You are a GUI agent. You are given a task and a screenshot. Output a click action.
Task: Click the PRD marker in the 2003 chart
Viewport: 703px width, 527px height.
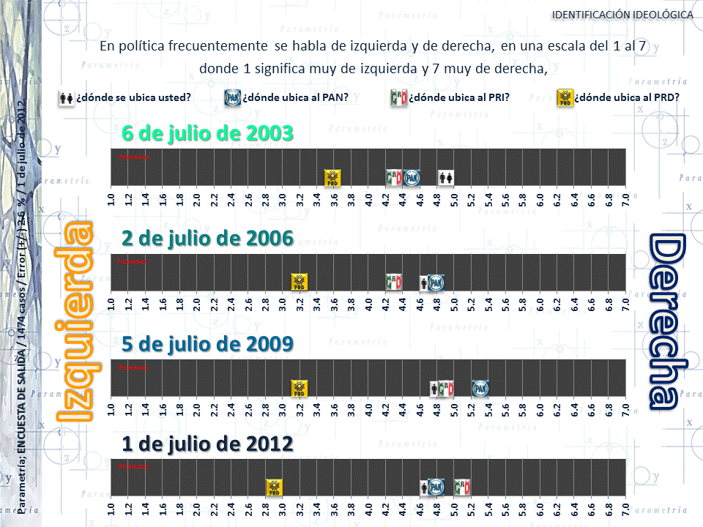click(x=333, y=177)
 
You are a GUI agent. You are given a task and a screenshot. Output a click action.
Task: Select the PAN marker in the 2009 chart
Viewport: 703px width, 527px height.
click(x=480, y=389)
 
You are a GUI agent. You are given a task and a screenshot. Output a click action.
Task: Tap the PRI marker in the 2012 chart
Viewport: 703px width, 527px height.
click(x=462, y=487)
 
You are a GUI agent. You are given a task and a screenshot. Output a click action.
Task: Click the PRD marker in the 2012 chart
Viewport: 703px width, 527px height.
click(x=274, y=487)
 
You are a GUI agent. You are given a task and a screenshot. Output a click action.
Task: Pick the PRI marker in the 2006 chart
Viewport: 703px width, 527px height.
click(x=394, y=283)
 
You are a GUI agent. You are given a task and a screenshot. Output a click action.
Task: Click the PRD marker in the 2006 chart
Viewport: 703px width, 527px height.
click(x=299, y=283)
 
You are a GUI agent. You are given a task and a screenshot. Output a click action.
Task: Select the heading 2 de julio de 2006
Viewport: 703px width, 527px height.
click(x=207, y=238)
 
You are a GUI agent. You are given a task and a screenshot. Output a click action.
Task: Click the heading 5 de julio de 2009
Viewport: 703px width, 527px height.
click(x=207, y=343)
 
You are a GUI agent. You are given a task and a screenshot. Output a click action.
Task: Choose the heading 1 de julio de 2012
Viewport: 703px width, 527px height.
click(x=207, y=444)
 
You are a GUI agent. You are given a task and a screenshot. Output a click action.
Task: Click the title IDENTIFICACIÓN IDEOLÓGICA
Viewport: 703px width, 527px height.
click(x=622, y=15)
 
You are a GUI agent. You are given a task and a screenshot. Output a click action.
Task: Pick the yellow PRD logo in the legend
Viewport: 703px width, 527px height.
click(x=565, y=98)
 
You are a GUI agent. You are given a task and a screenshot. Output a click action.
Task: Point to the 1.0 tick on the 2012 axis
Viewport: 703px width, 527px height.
click(x=111, y=509)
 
